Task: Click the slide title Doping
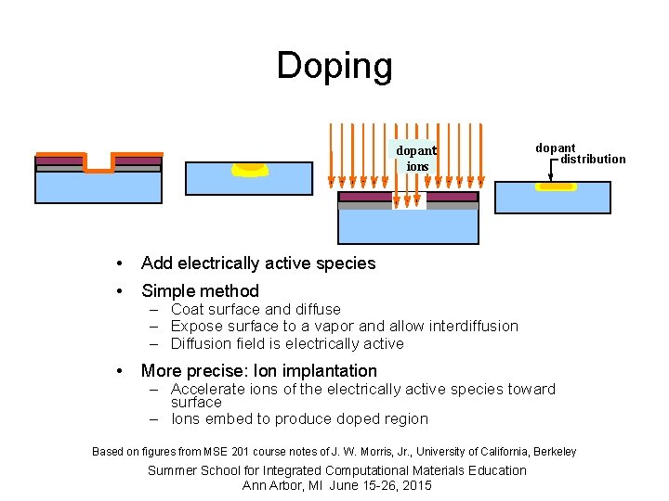coord(334,66)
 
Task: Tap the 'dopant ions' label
coord(416,158)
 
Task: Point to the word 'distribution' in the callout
coord(593,159)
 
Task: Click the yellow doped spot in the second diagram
coord(249,169)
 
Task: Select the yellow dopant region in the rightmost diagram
coord(556,186)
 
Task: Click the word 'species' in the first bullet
coord(346,263)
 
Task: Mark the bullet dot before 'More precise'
coord(119,371)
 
